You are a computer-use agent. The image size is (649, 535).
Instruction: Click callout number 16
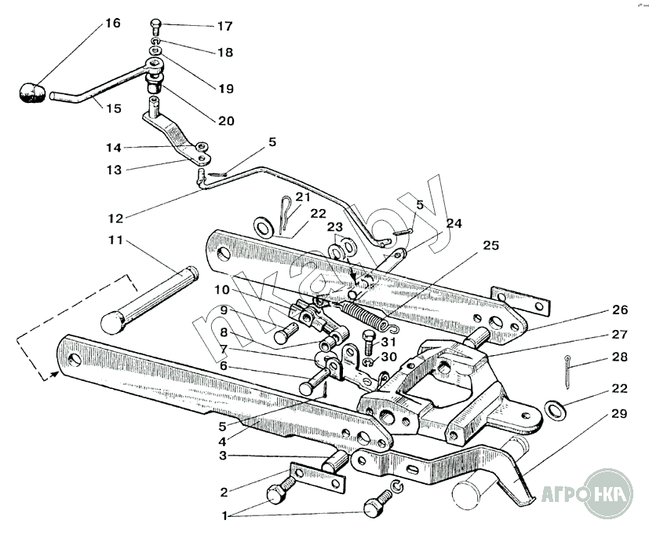[112, 23]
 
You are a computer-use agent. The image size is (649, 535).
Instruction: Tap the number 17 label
[224, 27]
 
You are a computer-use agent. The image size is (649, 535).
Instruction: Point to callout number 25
[490, 246]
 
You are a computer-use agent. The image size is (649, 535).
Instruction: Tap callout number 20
[226, 120]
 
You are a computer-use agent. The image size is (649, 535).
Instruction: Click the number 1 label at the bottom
[227, 516]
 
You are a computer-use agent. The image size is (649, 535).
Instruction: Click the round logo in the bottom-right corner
[601, 495]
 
